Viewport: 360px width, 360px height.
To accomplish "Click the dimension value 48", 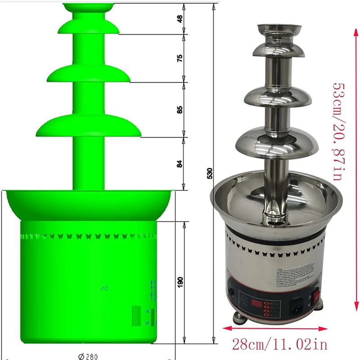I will [180, 19].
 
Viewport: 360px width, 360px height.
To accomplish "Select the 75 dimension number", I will [180, 58].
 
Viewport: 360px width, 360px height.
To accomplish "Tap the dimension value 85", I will [180, 109].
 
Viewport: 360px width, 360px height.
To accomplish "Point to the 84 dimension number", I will [180, 163].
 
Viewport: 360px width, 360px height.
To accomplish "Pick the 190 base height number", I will [180, 282].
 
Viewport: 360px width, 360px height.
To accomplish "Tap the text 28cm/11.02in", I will [280, 345].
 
